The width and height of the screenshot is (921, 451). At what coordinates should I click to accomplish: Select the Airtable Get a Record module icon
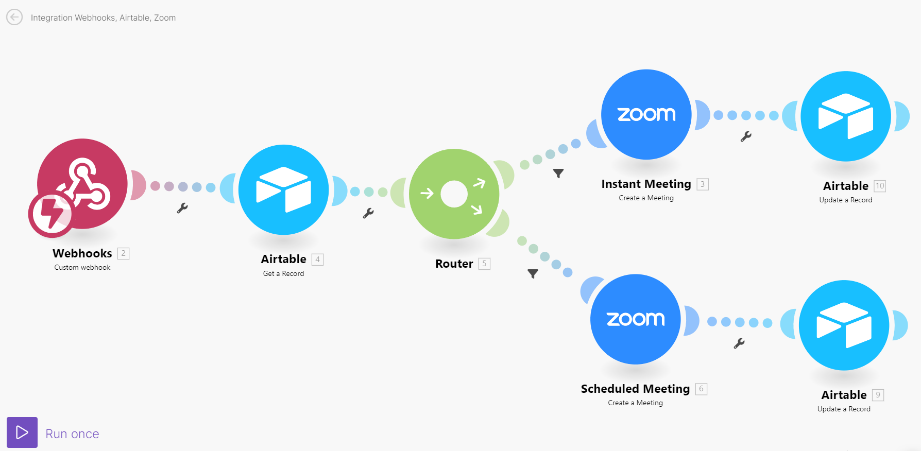(284, 189)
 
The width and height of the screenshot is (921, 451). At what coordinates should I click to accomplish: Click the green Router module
(454, 194)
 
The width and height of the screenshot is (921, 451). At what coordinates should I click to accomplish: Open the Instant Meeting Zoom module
(646, 114)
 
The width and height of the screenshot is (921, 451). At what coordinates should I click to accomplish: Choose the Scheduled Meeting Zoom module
(636, 319)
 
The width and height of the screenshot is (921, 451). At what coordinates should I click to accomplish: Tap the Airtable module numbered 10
(846, 116)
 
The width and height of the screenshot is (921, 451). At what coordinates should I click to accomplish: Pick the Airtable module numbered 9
(844, 325)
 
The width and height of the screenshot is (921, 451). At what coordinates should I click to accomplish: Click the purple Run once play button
(22, 432)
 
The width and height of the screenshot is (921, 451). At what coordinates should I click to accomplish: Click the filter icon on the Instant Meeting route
(558, 174)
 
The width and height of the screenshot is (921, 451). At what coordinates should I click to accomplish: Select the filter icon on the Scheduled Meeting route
(533, 274)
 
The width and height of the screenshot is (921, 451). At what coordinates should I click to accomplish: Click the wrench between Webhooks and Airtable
(182, 208)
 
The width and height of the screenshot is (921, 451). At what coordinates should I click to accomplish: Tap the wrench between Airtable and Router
(368, 213)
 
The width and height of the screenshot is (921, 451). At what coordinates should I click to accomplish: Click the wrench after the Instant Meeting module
(746, 136)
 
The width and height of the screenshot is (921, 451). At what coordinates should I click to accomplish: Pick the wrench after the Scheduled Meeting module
(739, 343)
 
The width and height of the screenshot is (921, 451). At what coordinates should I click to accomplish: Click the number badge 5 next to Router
(484, 264)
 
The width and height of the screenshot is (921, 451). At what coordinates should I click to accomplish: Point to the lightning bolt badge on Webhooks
(51, 215)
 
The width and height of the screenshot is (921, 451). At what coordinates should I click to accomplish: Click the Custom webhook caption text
(82, 267)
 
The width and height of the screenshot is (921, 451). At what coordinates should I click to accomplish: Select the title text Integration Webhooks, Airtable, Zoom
(103, 18)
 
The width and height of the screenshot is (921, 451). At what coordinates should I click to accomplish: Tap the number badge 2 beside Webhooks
(123, 253)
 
